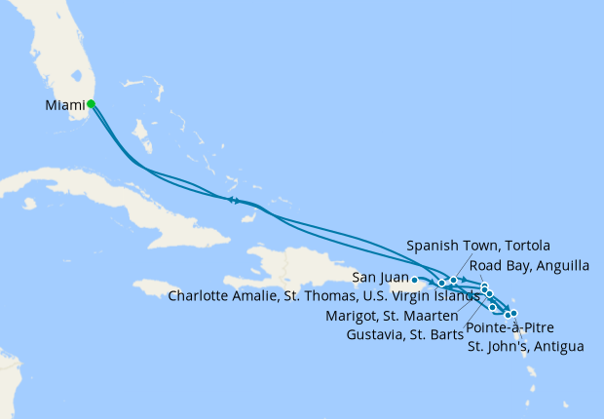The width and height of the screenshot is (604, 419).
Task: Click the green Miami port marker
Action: tap(91, 103)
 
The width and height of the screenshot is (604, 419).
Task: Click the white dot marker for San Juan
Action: tap(415, 280)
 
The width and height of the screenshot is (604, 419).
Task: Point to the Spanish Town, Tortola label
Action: tap(478, 245)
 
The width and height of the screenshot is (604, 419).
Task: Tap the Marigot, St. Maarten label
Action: tap(397, 315)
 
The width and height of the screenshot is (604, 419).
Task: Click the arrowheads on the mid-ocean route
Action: tap(234, 201)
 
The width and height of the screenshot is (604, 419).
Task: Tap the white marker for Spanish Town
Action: tap(453, 281)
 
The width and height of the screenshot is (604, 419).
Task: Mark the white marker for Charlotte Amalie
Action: tap(441, 284)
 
